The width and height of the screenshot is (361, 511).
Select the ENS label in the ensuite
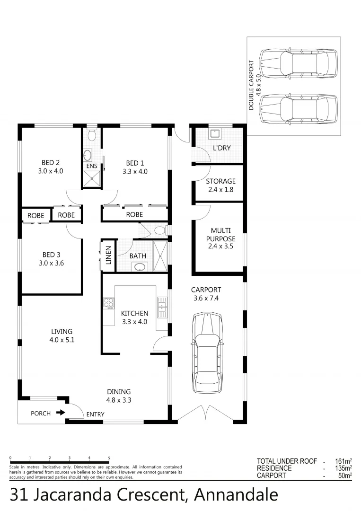pyautogui.click(x=91, y=167)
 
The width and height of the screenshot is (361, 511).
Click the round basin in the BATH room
pyautogui.click(x=140, y=267)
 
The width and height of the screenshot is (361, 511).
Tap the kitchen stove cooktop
pyautogui.click(x=108, y=303)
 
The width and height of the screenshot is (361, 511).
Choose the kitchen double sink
pyautogui.click(x=162, y=307)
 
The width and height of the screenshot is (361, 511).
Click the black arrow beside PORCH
pyautogui.click(x=60, y=413)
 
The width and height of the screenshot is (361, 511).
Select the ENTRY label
pyautogui.click(x=95, y=414)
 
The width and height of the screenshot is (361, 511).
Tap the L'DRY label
pyautogui.click(x=221, y=148)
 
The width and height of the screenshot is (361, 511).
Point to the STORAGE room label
pyautogui.click(x=220, y=181)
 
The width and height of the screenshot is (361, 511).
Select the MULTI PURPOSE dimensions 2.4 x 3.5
pyautogui.click(x=220, y=246)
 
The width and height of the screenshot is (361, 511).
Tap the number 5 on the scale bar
pyautogui.click(x=109, y=458)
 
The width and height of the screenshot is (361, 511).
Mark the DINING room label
pyautogui.click(x=119, y=392)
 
